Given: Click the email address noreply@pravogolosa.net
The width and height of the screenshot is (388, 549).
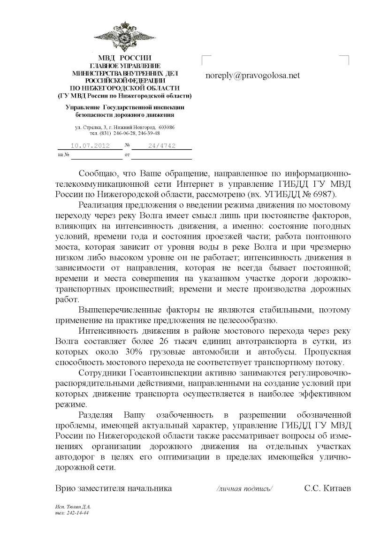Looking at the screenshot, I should click(252, 75).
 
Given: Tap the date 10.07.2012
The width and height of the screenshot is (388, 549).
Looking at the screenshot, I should click(90, 145).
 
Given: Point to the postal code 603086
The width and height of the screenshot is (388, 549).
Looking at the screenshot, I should click(167, 127).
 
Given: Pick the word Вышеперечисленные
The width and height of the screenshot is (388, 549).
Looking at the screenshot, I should click(122, 310).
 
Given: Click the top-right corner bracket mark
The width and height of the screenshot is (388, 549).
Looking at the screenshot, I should click(345, 59).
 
